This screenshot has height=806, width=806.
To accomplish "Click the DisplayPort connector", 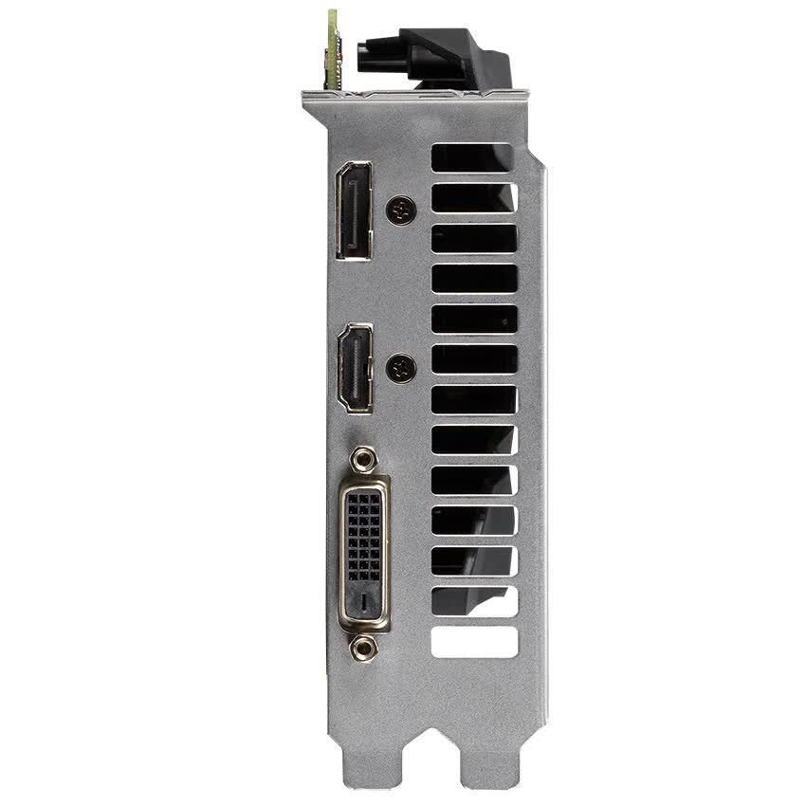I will [x=353, y=211].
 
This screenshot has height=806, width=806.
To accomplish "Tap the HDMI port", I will [x=356, y=368].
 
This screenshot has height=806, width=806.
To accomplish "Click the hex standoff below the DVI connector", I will [x=362, y=649].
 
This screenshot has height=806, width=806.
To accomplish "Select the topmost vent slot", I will [x=473, y=157].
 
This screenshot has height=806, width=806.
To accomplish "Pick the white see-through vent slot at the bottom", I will [x=474, y=642].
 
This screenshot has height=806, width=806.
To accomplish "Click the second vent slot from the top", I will [x=473, y=197].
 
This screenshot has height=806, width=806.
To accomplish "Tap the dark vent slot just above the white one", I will [x=473, y=601].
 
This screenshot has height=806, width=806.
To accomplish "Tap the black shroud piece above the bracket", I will [x=436, y=59].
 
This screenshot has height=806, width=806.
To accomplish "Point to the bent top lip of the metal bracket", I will [x=414, y=96].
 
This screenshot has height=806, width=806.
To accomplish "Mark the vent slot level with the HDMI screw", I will [x=473, y=358].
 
